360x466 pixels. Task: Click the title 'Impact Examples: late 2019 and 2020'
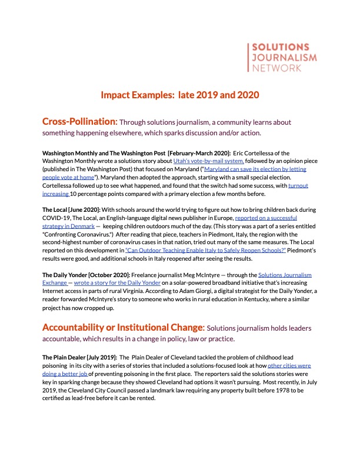point(180,95)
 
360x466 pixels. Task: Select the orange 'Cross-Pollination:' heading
point(79,121)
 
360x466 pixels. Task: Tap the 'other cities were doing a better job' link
point(289,365)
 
